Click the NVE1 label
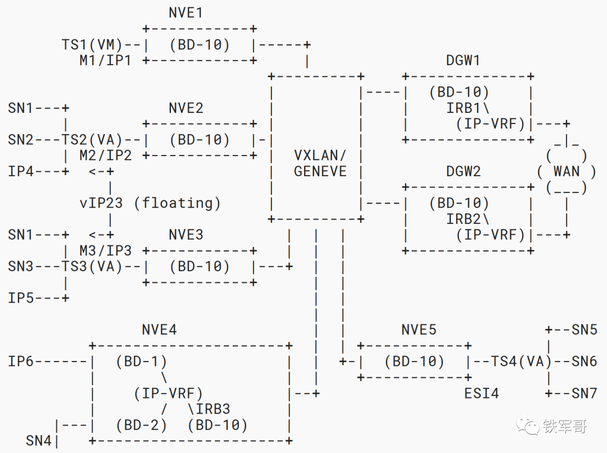coord(185,12)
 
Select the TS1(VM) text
coord(92,44)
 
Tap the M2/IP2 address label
coord(105,155)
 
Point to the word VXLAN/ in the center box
coord(320,155)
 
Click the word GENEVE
coord(320,171)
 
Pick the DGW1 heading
coord(463,60)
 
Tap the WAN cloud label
coord(567,171)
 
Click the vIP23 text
coord(101,203)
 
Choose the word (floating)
coord(178,203)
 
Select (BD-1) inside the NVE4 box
coord(141,362)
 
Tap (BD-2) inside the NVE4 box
coord(141,425)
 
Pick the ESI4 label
coord(481,393)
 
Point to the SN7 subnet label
coord(585,393)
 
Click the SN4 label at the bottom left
coord(39,441)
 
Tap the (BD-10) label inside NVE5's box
coord(414,362)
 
